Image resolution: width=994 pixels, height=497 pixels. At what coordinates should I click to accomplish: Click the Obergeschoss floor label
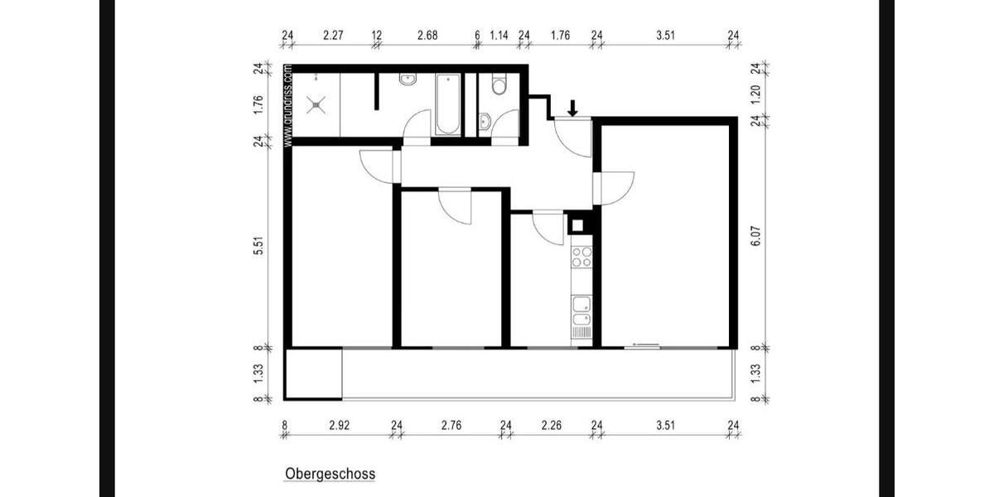[x=330, y=475]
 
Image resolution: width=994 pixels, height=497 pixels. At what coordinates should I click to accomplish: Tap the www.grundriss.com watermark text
[x=288, y=105]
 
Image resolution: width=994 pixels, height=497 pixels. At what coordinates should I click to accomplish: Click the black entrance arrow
[x=572, y=108]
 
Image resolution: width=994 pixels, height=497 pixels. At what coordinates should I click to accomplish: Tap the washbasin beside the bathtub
[x=408, y=80]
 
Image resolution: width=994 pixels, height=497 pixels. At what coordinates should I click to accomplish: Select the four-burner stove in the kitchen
[x=581, y=257]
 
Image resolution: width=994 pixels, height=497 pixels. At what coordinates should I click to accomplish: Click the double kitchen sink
[x=581, y=311]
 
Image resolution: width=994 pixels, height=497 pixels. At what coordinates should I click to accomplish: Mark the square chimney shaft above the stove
[x=578, y=225]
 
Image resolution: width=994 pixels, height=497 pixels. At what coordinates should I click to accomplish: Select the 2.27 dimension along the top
[x=333, y=35]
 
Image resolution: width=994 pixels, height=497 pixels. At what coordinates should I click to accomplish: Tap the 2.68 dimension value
[x=427, y=35]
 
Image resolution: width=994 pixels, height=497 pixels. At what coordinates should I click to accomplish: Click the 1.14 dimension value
[x=499, y=35]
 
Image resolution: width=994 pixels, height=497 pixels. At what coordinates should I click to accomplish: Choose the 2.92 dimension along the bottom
[x=339, y=426]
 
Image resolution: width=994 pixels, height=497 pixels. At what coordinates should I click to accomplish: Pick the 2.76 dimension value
[x=451, y=426]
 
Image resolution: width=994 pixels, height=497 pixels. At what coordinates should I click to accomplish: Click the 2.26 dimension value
[x=551, y=426]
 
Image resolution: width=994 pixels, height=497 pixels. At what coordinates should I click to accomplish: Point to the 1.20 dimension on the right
[x=755, y=94]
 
